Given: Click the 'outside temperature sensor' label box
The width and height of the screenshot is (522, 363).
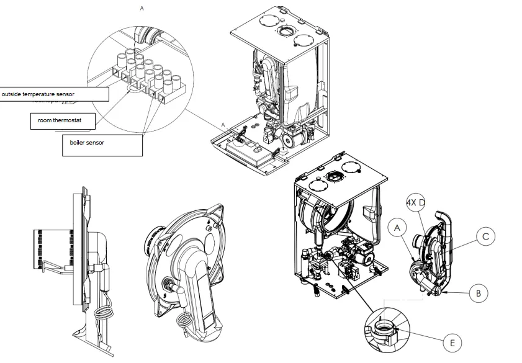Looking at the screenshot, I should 54,94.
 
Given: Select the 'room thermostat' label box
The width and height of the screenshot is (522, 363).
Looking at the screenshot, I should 63,120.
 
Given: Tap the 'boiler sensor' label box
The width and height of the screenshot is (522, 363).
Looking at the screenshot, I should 102,143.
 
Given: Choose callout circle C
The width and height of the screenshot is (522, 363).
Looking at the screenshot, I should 486,236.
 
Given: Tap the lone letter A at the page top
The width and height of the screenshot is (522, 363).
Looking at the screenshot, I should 142,9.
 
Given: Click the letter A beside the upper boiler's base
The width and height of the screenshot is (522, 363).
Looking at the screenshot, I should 223,125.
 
